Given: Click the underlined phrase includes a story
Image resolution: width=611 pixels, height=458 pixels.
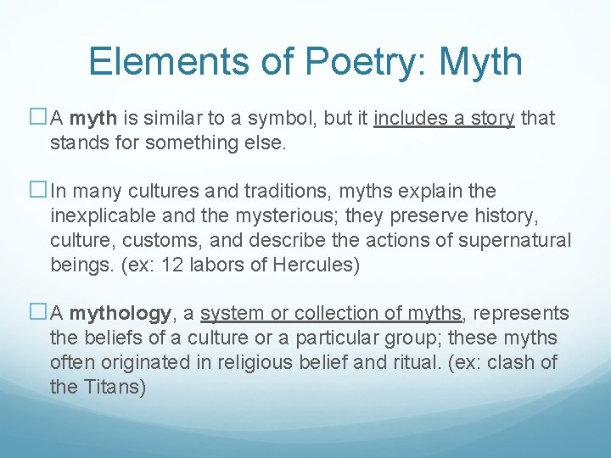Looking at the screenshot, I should pyautogui.click(x=444, y=118).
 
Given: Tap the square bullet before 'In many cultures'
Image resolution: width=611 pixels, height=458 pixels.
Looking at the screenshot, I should pyautogui.click(x=41, y=191).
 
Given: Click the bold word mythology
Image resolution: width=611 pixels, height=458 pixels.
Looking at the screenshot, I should pyautogui.click(x=121, y=314).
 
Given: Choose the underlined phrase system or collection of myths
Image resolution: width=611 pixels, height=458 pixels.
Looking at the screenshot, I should pyautogui.click(x=332, y=314).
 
